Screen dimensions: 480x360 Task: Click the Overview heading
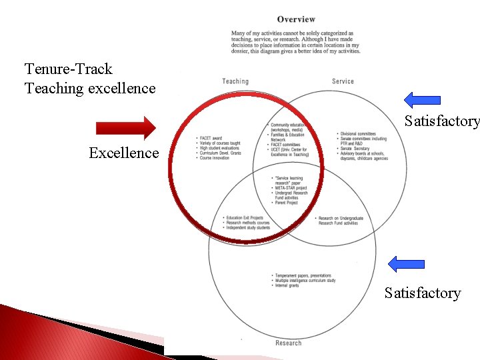(296, 19)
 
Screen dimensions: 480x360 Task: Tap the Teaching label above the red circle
(235, 81)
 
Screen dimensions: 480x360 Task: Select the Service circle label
(343, 81)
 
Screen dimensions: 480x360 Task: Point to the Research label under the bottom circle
(288, 343)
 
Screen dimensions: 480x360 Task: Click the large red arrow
(125, 127)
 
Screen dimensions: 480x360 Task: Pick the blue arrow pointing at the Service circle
(422, 100)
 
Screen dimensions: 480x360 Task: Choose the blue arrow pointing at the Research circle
(406, 263)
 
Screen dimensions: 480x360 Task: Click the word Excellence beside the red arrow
(124, 153)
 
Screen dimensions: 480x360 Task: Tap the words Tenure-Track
(69, 69)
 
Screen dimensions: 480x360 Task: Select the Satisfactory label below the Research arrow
(422, 293)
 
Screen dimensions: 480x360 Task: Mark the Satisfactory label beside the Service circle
(442, 121)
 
